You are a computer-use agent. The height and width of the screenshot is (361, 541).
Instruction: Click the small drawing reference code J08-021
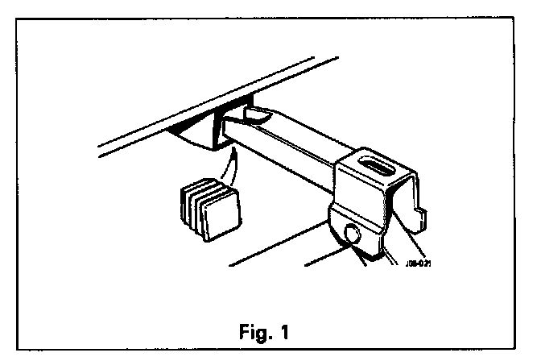pyautogui.click(x=420, y=261)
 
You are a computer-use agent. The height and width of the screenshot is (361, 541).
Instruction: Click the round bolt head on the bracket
pyautogui.click(x=352, y=234)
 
